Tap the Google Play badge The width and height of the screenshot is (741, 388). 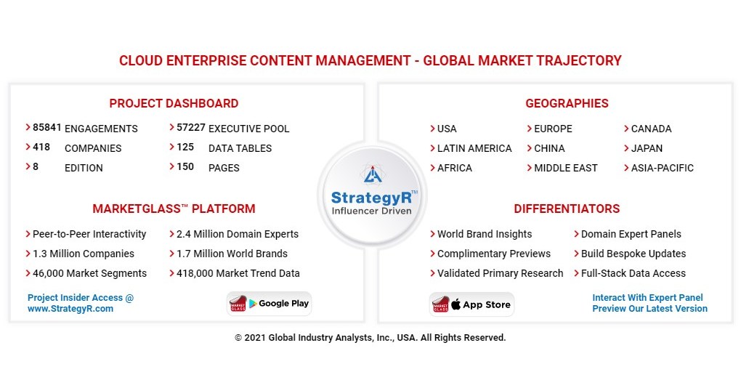[x=270, y=304]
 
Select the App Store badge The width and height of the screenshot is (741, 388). [x=471, y=304]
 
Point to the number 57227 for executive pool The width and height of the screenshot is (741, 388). [x=190, y=128]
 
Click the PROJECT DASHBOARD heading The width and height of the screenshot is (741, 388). [x=174, y=103]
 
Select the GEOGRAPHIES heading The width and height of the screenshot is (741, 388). [x=567, y=103]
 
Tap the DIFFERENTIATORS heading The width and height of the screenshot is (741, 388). [x=567, y=209]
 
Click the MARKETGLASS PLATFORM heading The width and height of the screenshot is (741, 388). [x=174, y=209]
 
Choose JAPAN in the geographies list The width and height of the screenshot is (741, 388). [x=647, y=148]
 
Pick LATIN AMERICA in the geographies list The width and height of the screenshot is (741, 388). [x=474, y=148]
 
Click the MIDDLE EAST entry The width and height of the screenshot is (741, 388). [x=565, y=168]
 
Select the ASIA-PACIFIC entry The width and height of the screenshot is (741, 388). [x=662, y=168]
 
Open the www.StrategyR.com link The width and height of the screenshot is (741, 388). [x=70, y=309]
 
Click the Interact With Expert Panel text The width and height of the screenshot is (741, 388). [x=647, y=298]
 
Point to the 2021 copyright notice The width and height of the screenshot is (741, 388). [x=370, y=338]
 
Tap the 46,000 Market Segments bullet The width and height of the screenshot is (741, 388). [x=89, y=273]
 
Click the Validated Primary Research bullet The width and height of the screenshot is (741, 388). [x=500, y=273]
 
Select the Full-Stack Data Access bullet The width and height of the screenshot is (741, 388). [x=633, y=273]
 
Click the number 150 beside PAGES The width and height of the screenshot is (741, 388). [x=185, y=167]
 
